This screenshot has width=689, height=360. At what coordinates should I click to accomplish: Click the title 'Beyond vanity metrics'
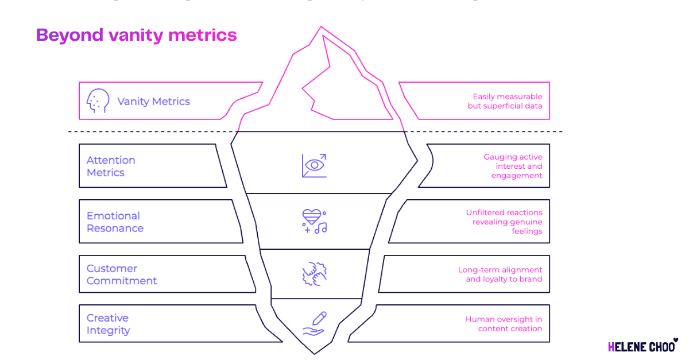136,35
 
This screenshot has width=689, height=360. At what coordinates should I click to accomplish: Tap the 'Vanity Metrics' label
153,102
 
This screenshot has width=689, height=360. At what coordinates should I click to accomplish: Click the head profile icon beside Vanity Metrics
98,101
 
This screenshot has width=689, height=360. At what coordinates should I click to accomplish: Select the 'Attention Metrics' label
111,166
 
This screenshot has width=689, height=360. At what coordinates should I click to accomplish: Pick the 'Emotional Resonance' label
115,222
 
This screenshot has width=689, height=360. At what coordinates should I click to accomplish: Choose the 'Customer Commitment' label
122,274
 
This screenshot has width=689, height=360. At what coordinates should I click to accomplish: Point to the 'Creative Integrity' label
108,324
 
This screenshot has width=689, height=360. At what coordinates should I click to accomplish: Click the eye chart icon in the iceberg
314,165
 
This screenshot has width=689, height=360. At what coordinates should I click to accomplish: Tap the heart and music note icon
314,221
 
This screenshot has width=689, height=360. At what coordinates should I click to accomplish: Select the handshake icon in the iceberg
314,274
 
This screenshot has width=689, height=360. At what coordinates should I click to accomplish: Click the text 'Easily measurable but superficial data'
505,102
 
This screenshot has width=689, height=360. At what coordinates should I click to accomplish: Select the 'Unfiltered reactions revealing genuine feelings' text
504,222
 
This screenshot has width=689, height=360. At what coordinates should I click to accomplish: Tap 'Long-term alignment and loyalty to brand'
500,274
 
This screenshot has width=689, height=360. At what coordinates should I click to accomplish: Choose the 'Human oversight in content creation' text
504,324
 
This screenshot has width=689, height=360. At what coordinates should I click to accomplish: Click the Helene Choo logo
642,346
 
